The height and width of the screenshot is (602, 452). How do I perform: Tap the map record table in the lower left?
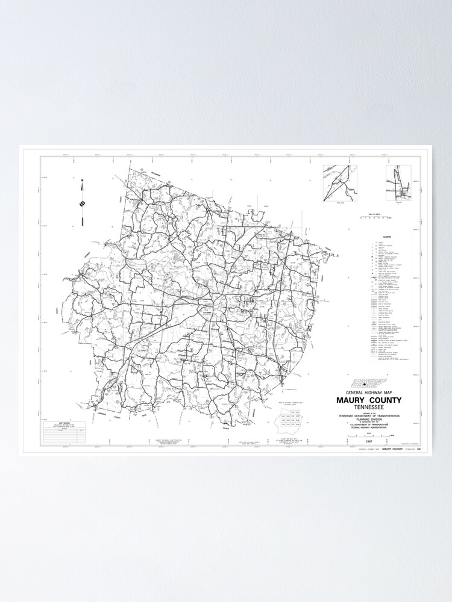[x=64, y=433]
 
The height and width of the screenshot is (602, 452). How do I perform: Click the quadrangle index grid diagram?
[x=289, y=419]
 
